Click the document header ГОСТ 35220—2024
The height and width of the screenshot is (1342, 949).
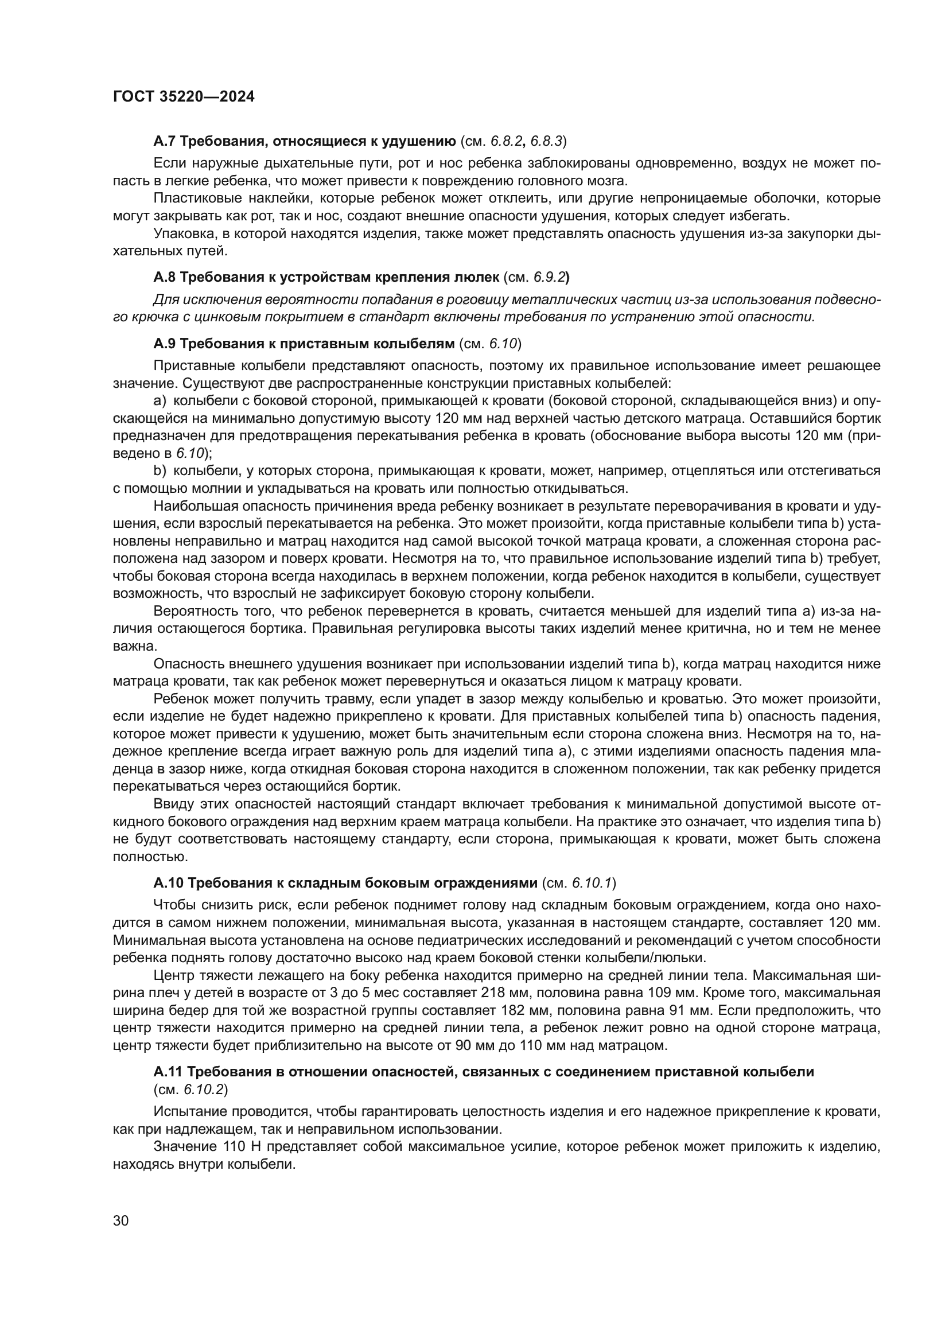pos(184,97)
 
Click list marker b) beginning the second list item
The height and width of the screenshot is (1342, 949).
pos(160,470)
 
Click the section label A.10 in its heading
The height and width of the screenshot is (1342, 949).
pos(169,882)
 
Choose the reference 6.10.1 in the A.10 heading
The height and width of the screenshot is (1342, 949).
pos(593,882)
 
